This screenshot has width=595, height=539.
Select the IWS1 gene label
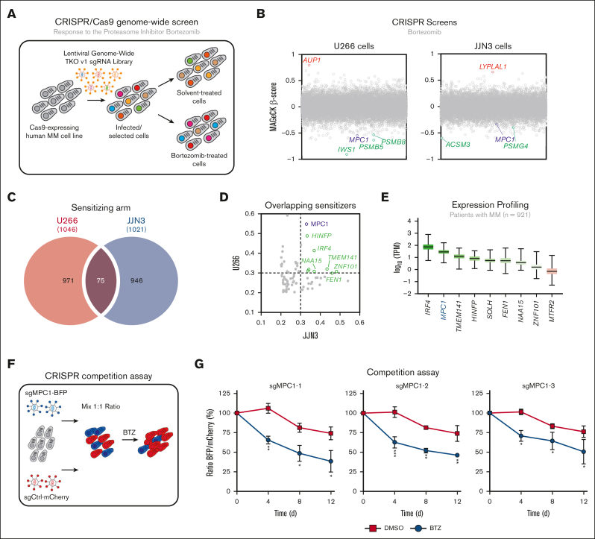[x=346, y=150]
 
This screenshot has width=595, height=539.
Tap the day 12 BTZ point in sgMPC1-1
[x=331, y=482]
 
